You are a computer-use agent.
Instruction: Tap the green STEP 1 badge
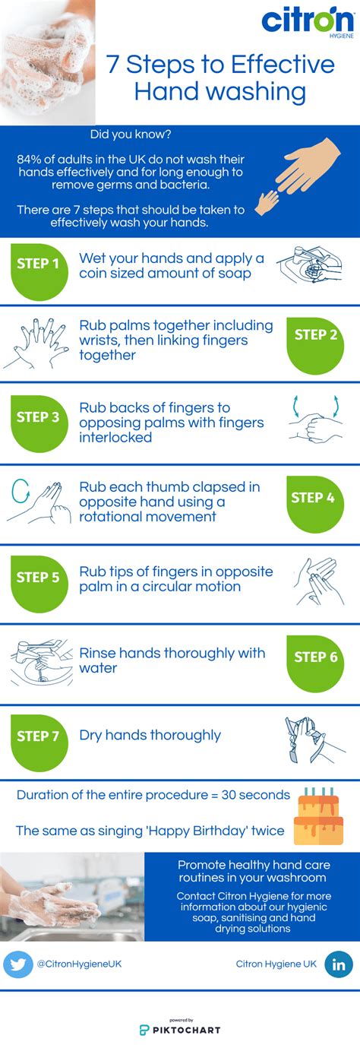pos(38,264)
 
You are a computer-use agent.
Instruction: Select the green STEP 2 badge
pos(315,335)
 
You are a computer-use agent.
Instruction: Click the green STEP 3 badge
pos(38,417)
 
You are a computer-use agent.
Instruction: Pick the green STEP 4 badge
pos(314,498)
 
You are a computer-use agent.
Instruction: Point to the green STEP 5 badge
pos(38,578)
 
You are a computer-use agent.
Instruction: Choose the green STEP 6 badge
pos(315,657)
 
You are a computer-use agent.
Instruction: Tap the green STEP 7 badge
pos(38,736)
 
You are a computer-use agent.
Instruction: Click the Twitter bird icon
pos(18,943)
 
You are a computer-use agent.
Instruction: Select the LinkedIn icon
pos(339,943)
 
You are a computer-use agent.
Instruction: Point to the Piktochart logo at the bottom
pos(180,1029)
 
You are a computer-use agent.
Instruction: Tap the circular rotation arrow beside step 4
pos(21,494)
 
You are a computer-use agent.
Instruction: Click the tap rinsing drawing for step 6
pos(39,660)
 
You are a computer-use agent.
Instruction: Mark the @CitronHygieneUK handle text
pos(79,942)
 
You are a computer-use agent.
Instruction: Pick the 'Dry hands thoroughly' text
pos(150,735)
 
